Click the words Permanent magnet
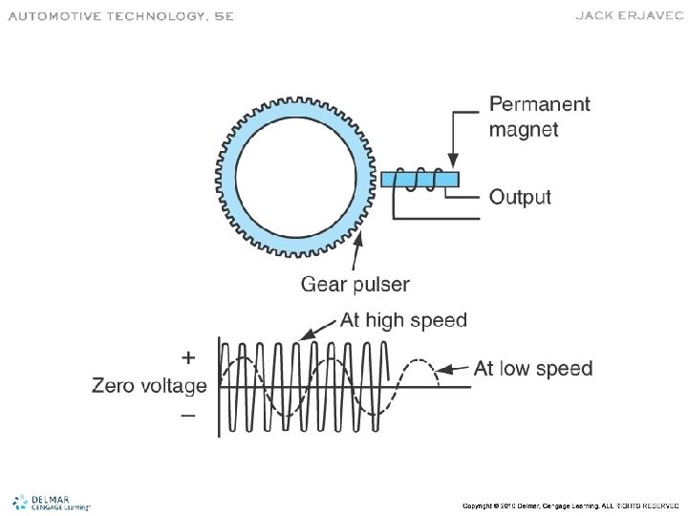[539, 116]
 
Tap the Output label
[520, 198]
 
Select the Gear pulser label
[355, 284]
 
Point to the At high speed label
[403, 321]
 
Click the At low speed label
[532, 369]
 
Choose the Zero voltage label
[149, 386]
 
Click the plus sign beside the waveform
[188, 358]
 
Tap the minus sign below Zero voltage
[188, 415]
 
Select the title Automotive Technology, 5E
[120, 16]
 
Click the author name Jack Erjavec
[627, 15]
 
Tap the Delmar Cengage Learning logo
[50, 503]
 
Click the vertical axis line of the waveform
[220, 387]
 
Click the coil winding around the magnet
[419, 180]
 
